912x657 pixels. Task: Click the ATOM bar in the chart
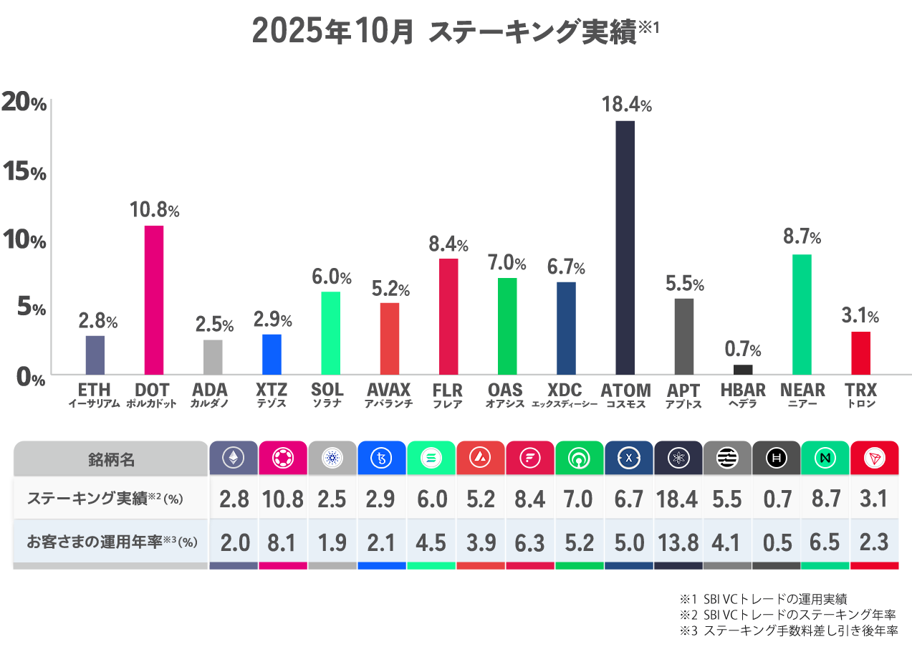click(625, 247)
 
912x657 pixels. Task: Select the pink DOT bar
click(154, 299)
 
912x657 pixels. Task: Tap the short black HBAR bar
click(743, 370)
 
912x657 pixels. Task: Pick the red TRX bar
click(860, 353)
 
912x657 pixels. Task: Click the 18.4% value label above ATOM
click(625, 105)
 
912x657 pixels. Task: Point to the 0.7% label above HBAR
click(743, 350)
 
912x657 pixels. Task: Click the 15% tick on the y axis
click(24, 172)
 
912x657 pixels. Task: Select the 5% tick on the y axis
click(29, 307)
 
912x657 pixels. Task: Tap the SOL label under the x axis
click(327, 390)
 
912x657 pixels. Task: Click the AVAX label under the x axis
click(388, 390)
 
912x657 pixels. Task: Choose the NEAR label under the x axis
click(802, 390)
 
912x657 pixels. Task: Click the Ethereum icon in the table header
click(234, 458)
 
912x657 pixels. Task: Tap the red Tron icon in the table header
click(874, 458)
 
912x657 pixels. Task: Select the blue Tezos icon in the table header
click(382, 458)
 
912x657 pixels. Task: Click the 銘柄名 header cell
click(111, 459)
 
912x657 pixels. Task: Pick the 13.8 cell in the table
click(678, 542)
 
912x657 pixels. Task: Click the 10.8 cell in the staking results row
click(282, 499)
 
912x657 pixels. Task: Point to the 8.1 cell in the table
click(282, 542)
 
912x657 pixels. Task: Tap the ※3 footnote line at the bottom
click(788, 631)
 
